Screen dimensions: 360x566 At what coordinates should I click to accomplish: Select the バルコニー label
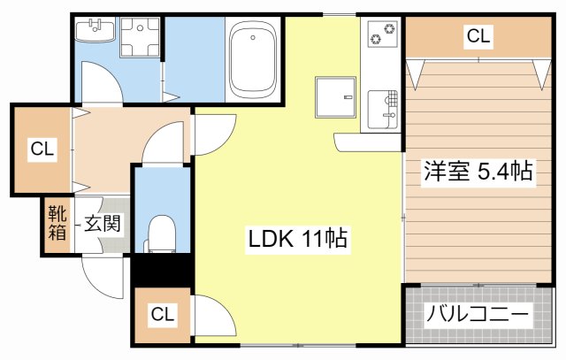coord(478,315)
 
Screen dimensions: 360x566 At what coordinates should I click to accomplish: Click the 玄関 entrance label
coord(103,223)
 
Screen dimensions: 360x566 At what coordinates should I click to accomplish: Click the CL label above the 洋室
coord(478,36)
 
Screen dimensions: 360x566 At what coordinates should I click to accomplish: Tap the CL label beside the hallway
coord(42,149)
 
